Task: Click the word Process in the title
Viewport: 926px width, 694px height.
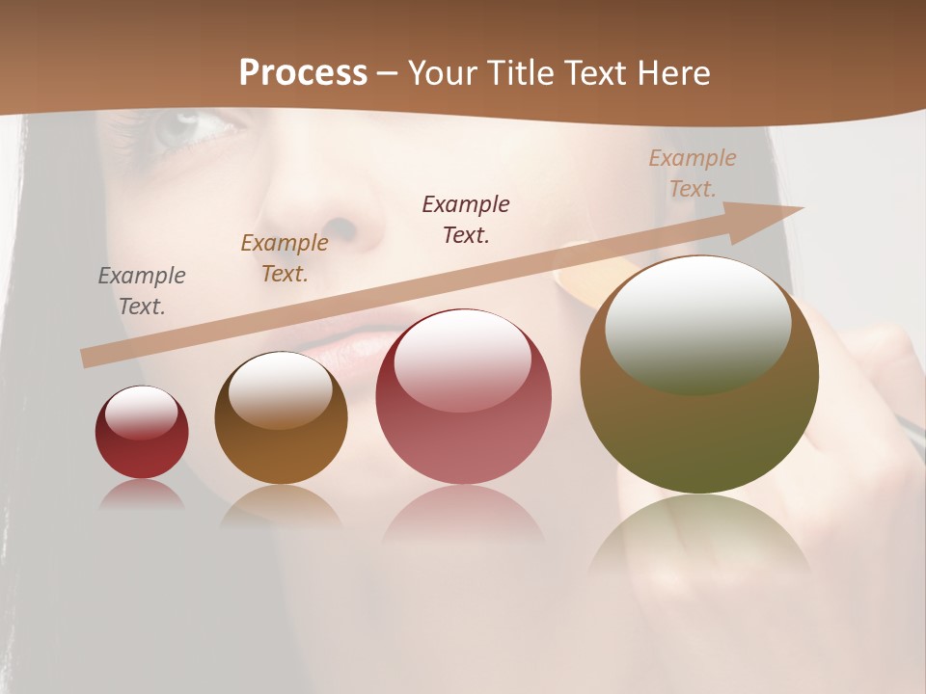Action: (303, 73)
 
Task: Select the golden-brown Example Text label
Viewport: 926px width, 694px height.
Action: (285, 258)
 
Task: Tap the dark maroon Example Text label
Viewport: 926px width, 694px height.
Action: (466, 219)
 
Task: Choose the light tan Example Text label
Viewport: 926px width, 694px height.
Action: (693, 173)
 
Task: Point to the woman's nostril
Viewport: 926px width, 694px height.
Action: (343, 227)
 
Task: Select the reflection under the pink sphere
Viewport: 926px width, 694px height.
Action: (463, 516)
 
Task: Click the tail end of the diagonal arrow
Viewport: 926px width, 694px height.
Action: (89, 358)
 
